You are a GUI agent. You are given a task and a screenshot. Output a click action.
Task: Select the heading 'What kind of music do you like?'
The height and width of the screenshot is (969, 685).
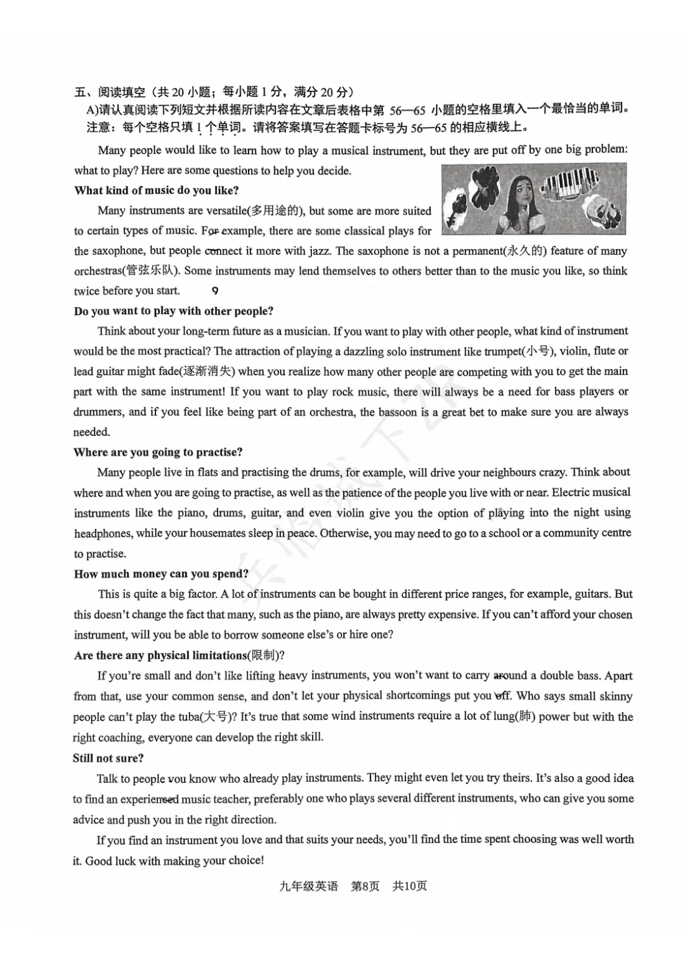click(x=156, y=190)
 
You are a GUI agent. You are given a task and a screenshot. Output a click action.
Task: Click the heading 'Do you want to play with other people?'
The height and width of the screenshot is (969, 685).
click(x=173, y=311)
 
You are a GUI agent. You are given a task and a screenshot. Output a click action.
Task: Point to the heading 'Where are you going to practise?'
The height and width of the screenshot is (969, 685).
click(x=158, y=452)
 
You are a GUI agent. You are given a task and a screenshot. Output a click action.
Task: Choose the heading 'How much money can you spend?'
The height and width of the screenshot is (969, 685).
click(x=161, y=574)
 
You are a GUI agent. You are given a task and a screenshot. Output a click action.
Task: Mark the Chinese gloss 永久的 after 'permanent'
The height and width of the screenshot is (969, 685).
click(x=526, y=250)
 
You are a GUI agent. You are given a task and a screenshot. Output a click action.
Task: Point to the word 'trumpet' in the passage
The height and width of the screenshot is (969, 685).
click(x=502, y=351)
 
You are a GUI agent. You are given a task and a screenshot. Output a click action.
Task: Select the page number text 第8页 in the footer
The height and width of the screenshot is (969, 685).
click(x=365, y=886)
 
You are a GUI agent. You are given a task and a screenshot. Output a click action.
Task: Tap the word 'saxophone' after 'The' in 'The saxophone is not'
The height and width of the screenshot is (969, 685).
click(x=383, y=250)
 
